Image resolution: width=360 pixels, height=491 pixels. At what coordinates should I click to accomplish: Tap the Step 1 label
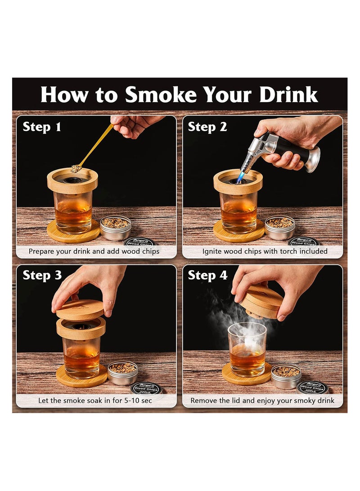[42, 127]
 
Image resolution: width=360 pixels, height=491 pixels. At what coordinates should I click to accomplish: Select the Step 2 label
[207, 127]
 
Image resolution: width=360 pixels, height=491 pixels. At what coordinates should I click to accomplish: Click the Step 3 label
[42, 275]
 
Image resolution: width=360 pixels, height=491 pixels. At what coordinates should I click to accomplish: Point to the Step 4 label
[207, 275]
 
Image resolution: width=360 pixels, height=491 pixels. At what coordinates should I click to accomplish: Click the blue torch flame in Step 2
[241, 179]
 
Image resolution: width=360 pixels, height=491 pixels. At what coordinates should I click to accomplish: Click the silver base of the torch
[312, 159]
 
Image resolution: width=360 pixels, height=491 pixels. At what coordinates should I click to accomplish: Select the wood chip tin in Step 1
[115, 227]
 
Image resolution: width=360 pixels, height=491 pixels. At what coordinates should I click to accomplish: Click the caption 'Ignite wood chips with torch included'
[265, 251]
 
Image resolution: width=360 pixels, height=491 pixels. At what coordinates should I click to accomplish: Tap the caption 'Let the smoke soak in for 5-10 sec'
[96, 400]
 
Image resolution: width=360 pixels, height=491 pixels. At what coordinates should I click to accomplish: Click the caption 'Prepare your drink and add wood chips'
[94, 251]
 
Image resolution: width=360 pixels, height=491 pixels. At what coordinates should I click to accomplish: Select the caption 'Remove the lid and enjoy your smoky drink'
[262, 400]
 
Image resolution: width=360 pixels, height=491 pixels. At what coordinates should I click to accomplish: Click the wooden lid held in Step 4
[261, 301]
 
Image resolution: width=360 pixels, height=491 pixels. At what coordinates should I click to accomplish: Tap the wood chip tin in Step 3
[122, 373]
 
